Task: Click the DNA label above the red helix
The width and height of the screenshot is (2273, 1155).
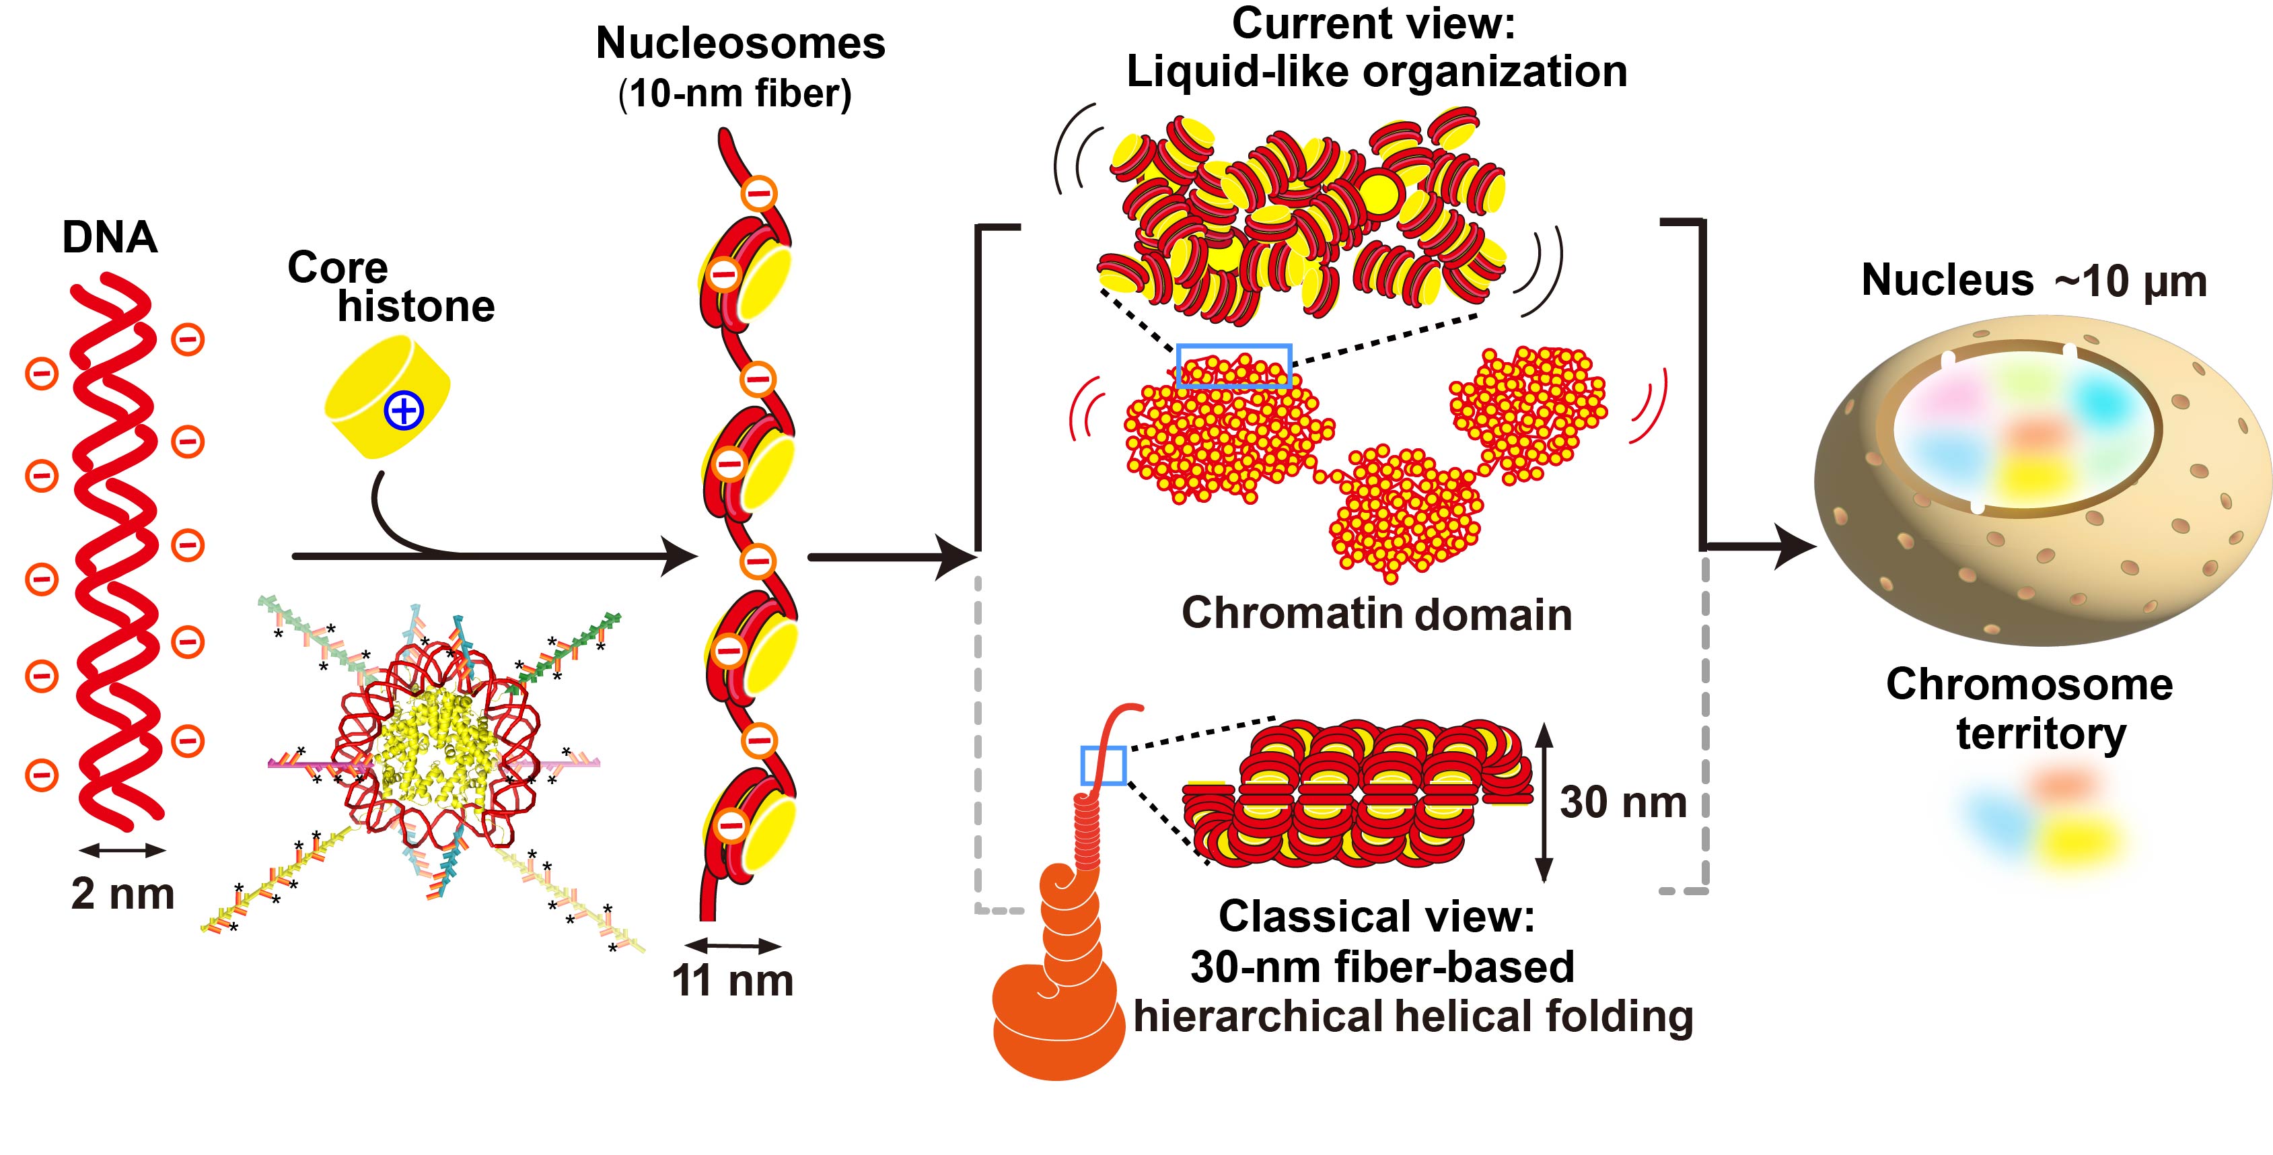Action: pos(110,238)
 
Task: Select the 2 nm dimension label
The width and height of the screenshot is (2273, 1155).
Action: pos(122,894)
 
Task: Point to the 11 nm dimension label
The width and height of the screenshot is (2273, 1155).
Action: pos(732,980)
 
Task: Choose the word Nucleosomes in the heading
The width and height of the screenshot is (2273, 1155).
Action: pos(739,43)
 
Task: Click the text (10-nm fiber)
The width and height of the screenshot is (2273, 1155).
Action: pos(735,94)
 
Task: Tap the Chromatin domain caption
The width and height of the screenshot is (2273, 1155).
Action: pos(1377,613)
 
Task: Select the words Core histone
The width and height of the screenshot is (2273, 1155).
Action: pos(391,287)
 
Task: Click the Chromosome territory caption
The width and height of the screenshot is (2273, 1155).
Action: pos(2029,709)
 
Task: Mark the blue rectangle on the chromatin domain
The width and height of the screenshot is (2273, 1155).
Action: pos(1233,366)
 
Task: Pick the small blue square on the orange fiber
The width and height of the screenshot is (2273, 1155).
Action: pos(1104,765)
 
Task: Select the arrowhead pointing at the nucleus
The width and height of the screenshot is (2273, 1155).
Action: pos(1796,546)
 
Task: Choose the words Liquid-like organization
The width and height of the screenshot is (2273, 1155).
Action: pos(1377,71)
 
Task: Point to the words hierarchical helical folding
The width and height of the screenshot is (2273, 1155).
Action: pos(1412,1016)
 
